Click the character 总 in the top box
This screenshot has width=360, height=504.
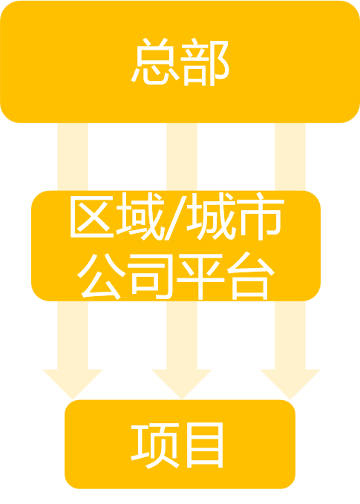(155, 62)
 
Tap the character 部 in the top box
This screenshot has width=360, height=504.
(205, 62)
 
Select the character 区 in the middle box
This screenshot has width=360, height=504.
(92, 216)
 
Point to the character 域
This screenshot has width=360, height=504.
(140, 216)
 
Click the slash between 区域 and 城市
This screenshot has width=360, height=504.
(175, 218)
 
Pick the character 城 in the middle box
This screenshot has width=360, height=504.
(212, 216)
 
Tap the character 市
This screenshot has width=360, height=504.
(261, 216)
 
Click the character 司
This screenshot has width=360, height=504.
(151, 276)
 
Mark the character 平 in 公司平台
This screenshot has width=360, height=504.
(200, 276)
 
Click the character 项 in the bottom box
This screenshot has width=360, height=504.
(155, 446)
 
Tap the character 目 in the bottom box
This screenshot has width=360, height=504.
(205, 445)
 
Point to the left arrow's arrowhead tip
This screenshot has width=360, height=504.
(73, 399)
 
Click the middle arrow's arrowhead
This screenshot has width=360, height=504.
(182, 384)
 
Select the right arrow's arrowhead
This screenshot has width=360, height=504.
(290, 384)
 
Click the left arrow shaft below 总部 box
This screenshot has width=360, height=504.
(73, 157)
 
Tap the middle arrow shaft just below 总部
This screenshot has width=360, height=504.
(182, 157)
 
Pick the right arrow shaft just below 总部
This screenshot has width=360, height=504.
(290, 157)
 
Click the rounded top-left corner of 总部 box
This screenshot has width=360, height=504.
(7, 7)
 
